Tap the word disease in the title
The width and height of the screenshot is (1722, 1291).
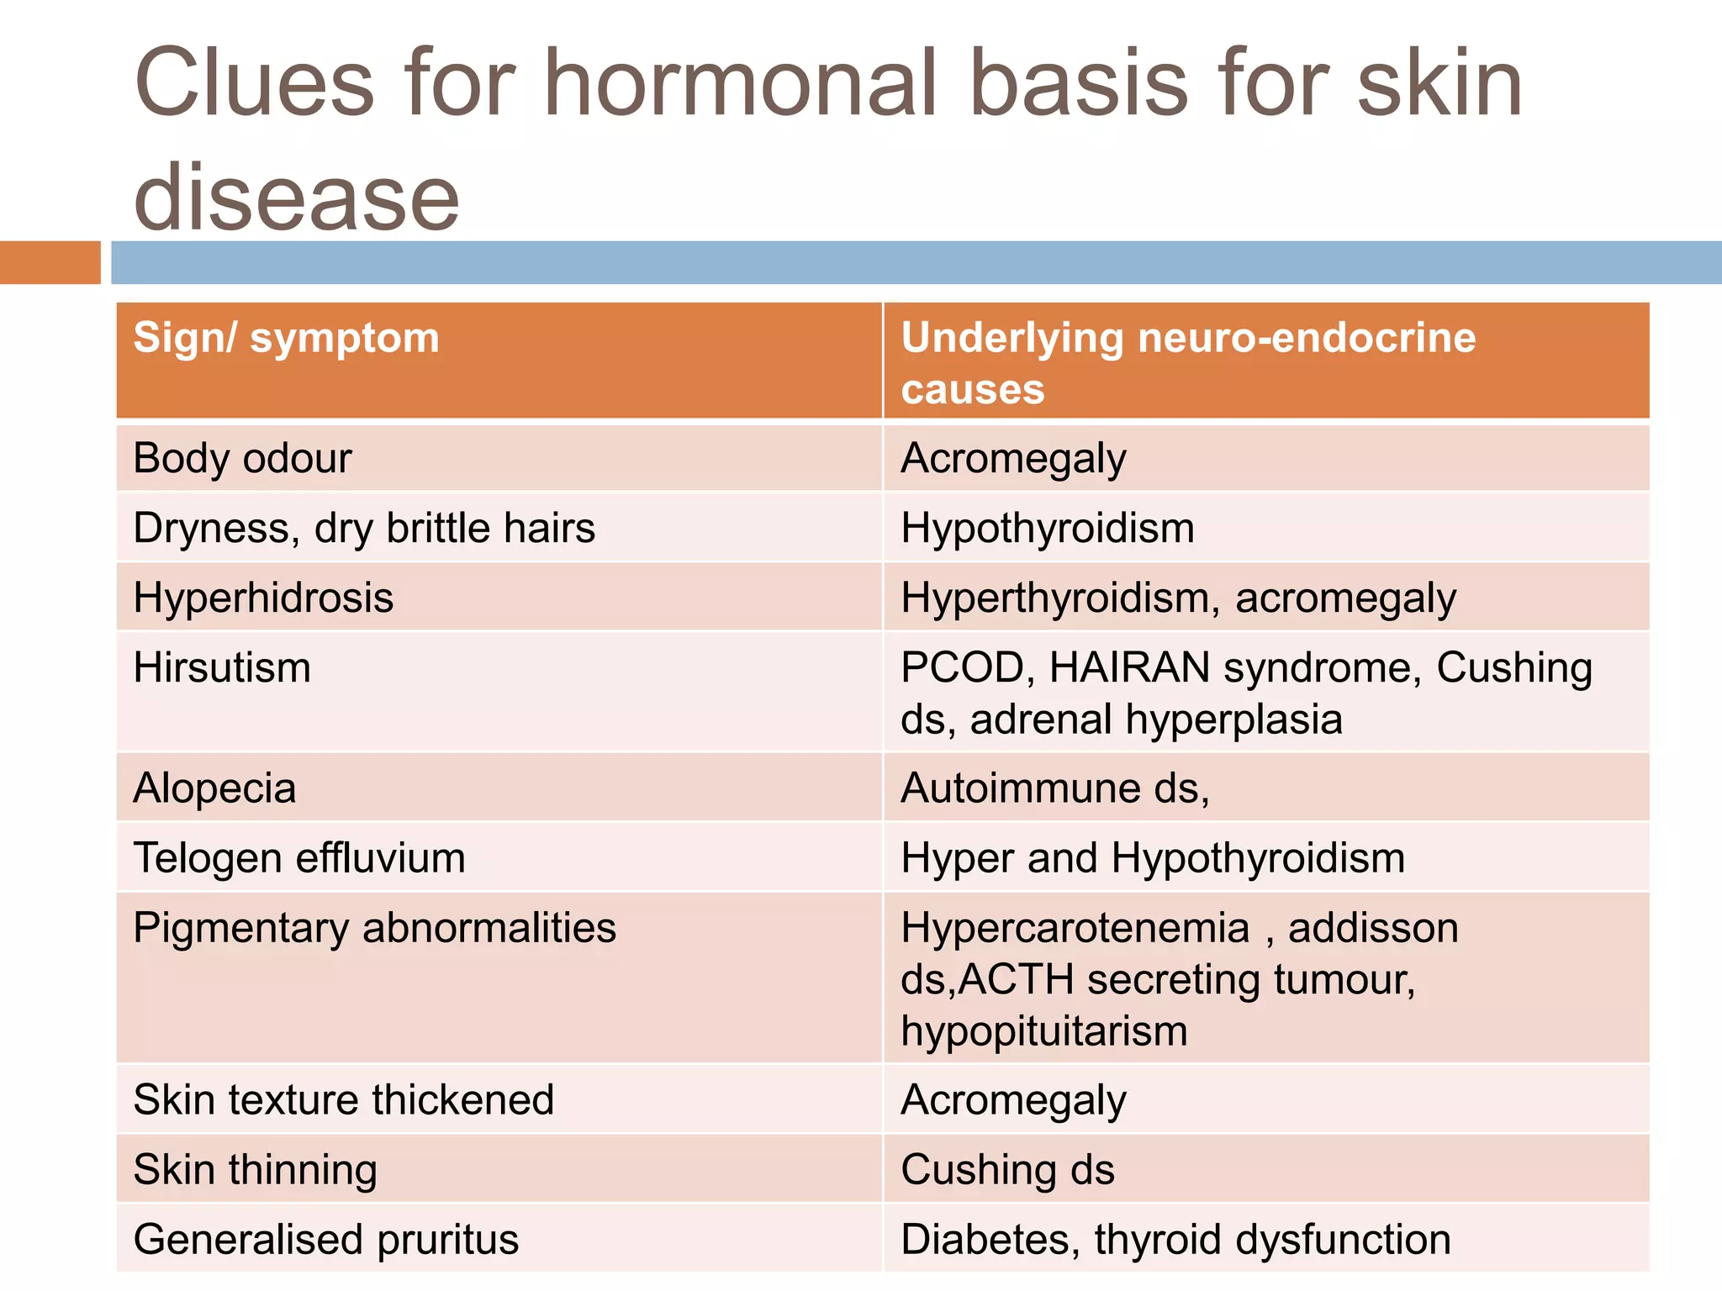(x=296, y=198)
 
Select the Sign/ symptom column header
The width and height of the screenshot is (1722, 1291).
(x=286, y=339)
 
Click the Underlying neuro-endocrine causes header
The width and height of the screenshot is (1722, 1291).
(x=1187, y=362)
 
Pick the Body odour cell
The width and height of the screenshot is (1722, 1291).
(x=242, y=459)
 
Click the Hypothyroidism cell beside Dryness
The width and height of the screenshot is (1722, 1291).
(x=1047, y=529)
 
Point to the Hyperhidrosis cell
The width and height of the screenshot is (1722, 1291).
(x=263, y=598)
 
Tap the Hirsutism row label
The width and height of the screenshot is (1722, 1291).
(x=222, y=668)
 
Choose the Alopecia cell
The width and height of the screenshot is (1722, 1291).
(x=214, y=789)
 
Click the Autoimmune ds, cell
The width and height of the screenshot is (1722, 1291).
(x=1054, y=789)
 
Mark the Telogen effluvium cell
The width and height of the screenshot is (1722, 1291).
(x=299, y=859)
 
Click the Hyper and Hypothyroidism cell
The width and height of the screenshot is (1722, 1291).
(x=1152, y=859)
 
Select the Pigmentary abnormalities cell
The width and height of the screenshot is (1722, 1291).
(x=374, y=929)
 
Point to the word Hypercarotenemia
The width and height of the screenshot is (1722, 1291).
(x=1075, y=929)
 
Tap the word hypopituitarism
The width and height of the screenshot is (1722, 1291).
(x=1043, y=1031)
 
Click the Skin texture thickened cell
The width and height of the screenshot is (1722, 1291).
(x=343, y=1100)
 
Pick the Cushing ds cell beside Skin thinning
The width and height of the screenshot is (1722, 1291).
(x=1007, y=1170)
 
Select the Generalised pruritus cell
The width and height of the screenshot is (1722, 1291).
(x=326, y=1240)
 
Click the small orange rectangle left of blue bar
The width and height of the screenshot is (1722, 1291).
(x=50, y=262)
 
